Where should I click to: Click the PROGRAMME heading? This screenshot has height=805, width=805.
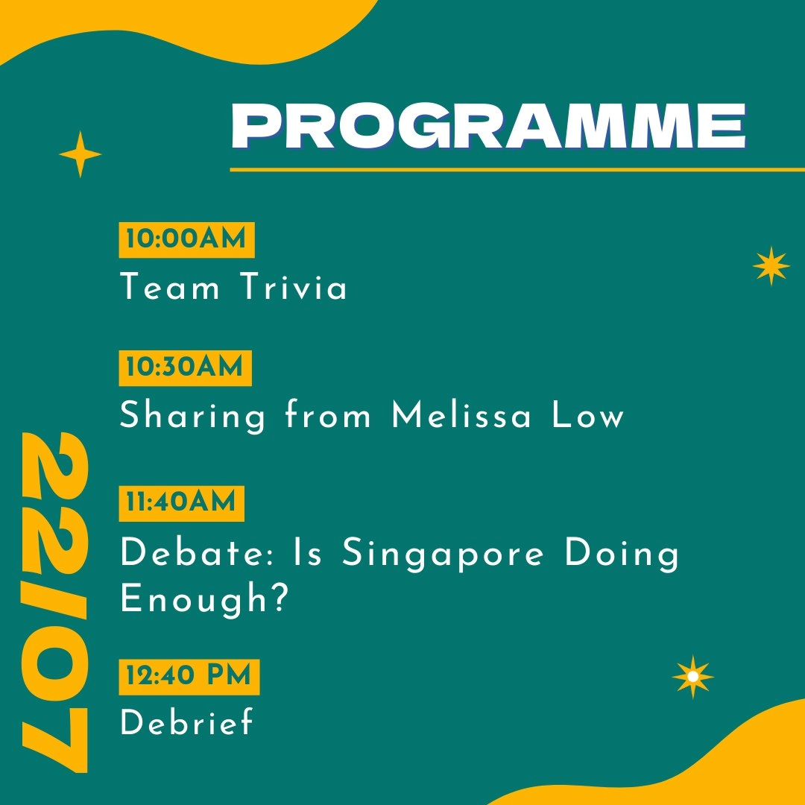click(x=488, y=126)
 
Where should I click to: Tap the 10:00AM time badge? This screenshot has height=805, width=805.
click(x=186, y=240)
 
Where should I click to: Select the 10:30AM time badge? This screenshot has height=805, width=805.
click(x=185, y=367)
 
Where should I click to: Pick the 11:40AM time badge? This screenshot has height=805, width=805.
click(x=181, y=503)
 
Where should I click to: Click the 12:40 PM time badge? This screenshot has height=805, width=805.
click(x=189, y=677)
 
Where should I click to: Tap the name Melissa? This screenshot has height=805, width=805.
click(x=461, y=414)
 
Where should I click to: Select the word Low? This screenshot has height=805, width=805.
click(x=588, y=415)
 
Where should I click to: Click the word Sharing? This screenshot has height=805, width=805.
click(x=193, y=417)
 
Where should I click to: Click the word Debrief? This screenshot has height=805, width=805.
click(x=187, y=722)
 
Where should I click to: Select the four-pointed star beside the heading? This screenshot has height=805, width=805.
click(x=80, y=154)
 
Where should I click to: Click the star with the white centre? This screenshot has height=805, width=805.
click(x=692, y=677)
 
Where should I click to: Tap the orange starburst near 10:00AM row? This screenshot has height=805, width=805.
click(x=771, y=265)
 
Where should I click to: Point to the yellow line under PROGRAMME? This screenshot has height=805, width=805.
click(x=517, y=169)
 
